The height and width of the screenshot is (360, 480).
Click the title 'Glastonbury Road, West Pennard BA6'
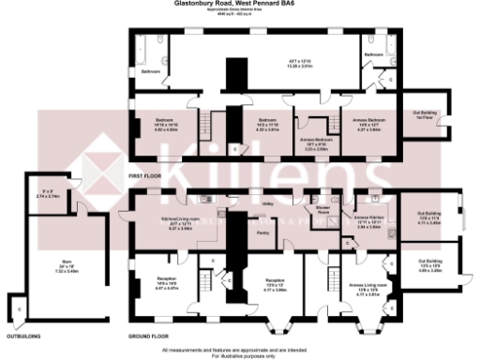[240, 4]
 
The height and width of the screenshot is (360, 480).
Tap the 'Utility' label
[267, 202]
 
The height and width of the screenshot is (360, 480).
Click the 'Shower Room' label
[322, 210]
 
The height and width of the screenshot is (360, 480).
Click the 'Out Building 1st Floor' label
[423, 116]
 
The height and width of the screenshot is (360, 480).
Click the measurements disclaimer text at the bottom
[240, 352]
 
